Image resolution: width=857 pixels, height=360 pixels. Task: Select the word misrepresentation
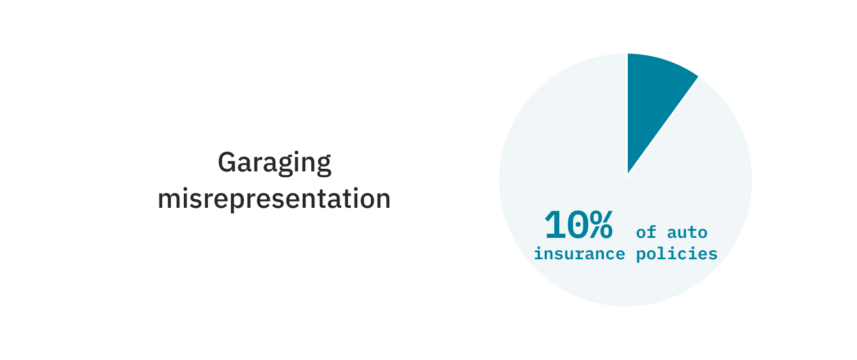click(274, 199)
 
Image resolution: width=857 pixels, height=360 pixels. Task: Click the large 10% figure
click(578, 225)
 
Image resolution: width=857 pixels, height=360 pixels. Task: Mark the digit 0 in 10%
click(577, 225)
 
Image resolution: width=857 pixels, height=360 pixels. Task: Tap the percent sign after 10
click(601, 225)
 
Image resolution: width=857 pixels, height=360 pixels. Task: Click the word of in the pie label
click(646, 232)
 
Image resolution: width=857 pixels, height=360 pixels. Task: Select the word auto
click(687, 232)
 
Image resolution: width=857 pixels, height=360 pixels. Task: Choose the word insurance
click(579, 253)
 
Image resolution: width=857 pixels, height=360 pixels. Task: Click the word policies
click(676, 254)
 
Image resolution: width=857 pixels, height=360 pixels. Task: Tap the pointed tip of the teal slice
click(628, 172)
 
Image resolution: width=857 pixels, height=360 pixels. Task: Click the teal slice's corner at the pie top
click(629, 55)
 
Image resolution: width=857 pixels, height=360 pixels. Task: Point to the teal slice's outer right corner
click(697, 77)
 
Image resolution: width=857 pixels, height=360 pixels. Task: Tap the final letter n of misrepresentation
click(384, 199)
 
